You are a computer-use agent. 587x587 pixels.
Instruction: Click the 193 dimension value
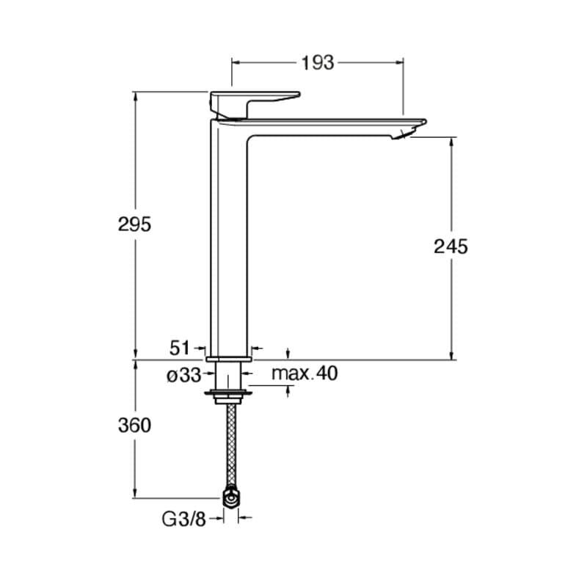pyautogui.click(x=318, y=63)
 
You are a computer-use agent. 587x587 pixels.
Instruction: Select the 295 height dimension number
pyautogui.click(x=134, y=225)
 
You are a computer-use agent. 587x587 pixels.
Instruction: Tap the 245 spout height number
pyautogui.click(x=451, y=247)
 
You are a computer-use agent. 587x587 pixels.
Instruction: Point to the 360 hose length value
pyautogui.click(x=134, y=426)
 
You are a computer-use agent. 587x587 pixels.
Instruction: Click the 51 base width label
pyautogui.click(x=180, y=348)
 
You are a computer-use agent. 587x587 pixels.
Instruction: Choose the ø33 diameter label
pyautogui.click(x=184, y=376)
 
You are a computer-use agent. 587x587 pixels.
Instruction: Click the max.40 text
pyautogui.click(x=305, y=373)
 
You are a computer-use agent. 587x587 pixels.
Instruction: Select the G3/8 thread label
pyautogui.click(x=184, y=519)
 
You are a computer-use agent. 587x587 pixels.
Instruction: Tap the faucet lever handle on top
pyautogui.click(x=255, y=103)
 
